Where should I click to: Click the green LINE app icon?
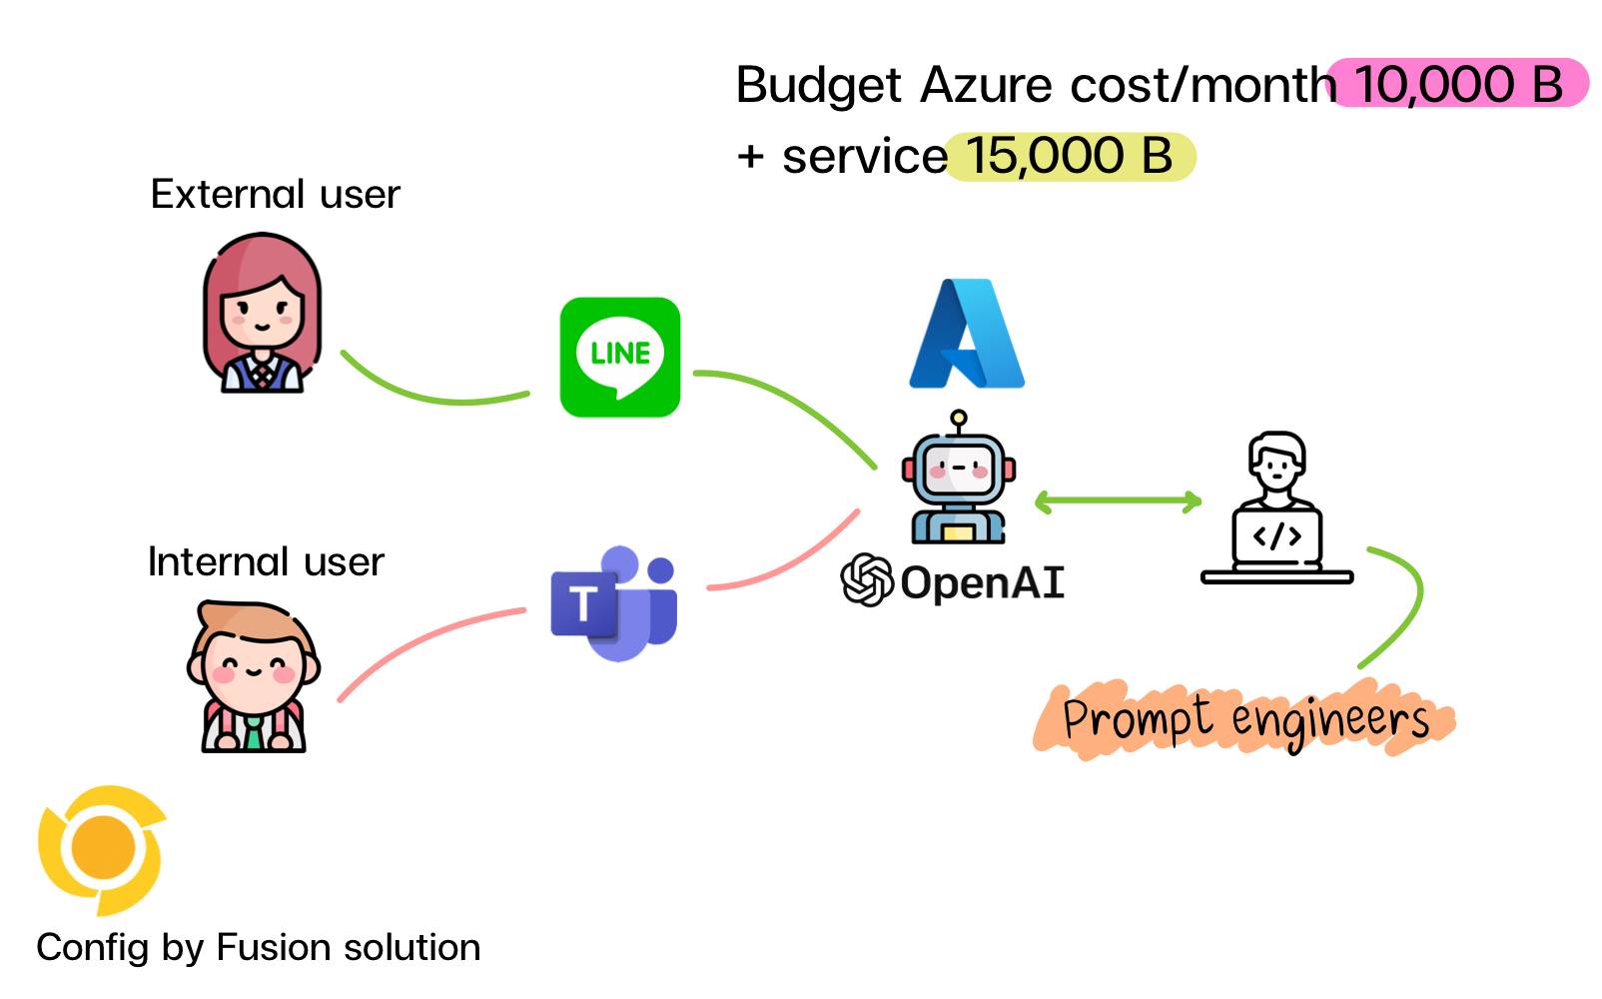tap(620, 357)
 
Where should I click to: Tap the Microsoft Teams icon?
tap(614, 603)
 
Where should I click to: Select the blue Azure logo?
tap(967, 335)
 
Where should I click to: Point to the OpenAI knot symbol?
tap(866, 580)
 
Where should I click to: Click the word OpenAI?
tap(983, 582)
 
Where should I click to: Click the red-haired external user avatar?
tap(262, 313)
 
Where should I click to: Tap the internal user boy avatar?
tap(254, 676)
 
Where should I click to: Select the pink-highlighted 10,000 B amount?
tap(1457, 84)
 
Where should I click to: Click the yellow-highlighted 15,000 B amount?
tap(1070, 157)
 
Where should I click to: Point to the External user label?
tap(275, 194)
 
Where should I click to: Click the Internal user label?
tap(266, 562)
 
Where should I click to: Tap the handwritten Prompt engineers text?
tap(1244, 719)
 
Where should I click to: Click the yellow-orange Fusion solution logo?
tap(101, 849)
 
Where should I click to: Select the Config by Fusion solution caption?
tap(259, 947)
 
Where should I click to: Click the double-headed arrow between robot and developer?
tap(1118, 501)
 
